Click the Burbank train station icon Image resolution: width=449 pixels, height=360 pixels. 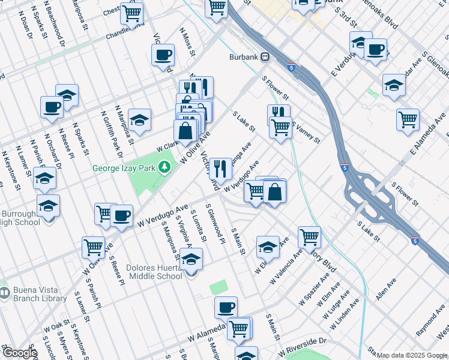265,58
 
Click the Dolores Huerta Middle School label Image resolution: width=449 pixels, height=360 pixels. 146,272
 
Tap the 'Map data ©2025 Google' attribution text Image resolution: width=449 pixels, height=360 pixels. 412,355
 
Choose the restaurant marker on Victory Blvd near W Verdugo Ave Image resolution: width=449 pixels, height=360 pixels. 221,169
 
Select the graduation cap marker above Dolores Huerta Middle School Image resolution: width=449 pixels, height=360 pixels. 191,259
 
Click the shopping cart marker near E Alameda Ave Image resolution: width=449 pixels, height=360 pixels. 408,119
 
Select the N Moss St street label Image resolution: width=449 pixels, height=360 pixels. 188,41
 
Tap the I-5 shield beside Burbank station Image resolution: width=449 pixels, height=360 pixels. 291,67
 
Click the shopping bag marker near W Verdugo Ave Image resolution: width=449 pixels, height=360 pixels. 274,191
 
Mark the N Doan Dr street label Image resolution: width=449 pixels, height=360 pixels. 26,28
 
